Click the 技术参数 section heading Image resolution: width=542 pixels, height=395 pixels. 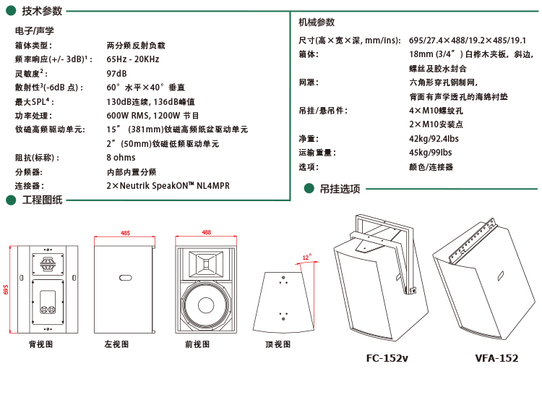point(42,11)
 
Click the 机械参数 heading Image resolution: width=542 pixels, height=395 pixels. point(317,22)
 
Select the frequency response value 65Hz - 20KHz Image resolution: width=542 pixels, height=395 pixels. point(133,59)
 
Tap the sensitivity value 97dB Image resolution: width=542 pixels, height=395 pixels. point(116,74)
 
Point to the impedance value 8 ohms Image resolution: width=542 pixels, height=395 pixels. point(121,158)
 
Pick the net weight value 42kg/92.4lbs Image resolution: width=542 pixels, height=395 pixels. point(434,139)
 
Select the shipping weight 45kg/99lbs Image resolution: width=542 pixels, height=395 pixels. point(430,153)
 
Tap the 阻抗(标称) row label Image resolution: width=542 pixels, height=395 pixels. point(37,158)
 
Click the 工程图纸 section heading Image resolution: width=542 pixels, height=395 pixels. point(43,200)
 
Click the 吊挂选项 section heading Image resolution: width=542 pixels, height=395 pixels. point(340,189)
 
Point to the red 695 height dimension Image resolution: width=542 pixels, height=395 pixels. point(7,289)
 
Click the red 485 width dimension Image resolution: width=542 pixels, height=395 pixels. point(125,233)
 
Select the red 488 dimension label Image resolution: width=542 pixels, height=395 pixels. point(206,232)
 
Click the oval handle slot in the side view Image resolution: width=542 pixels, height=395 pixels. point(125,278)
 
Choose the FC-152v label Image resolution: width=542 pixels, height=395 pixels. point(387,358)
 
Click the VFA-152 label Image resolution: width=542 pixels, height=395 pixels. point(496,358)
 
